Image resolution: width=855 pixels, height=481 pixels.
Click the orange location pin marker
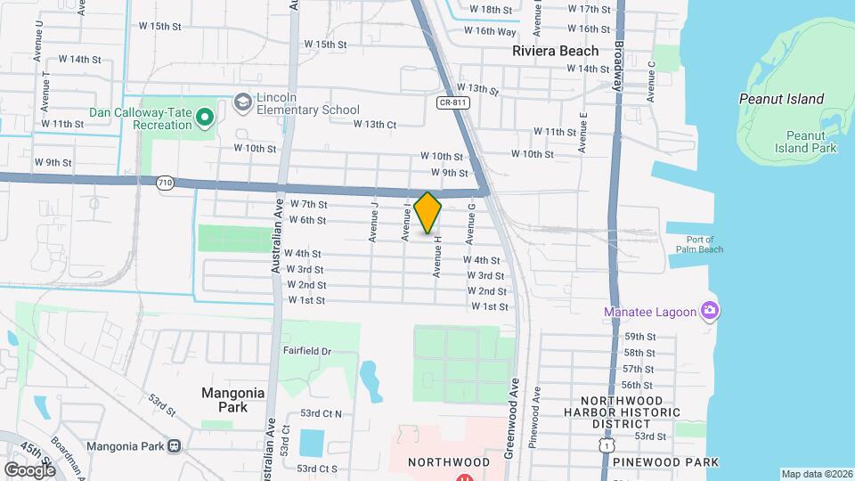click(428, 212)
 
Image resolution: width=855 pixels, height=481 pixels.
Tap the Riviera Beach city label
click(555, 51)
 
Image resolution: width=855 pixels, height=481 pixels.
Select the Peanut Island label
click(781, 99)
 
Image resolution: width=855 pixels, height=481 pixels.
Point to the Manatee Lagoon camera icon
click(710, 311)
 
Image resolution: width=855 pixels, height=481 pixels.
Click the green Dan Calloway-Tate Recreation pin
click(205, 116)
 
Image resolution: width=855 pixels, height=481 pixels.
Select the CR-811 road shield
click(452, 102)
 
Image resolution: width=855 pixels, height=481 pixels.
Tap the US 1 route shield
click(607, 442)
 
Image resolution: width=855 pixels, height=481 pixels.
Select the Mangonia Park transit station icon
click(174, 444)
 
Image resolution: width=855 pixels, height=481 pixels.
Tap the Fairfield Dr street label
click(307, 352)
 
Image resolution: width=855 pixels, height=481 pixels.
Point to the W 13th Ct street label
click(374, 124)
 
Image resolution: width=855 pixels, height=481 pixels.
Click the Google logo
click(29, 469)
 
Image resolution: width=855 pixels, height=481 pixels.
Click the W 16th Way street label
click(490, 31)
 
